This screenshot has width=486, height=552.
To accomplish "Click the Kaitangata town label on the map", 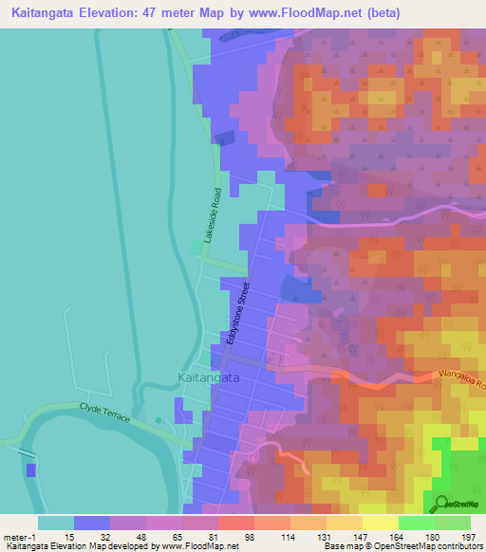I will click(208, 377).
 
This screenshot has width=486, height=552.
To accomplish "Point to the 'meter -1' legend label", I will click(19, 536).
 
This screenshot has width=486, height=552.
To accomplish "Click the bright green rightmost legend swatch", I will click(453, 523).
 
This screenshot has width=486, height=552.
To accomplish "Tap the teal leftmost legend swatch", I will click(56, 523).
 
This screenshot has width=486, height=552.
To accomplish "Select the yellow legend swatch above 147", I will click(344, 523).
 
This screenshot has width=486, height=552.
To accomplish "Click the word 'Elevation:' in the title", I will click(126, 13).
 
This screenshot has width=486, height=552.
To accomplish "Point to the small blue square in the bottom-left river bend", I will click(31, 469).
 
